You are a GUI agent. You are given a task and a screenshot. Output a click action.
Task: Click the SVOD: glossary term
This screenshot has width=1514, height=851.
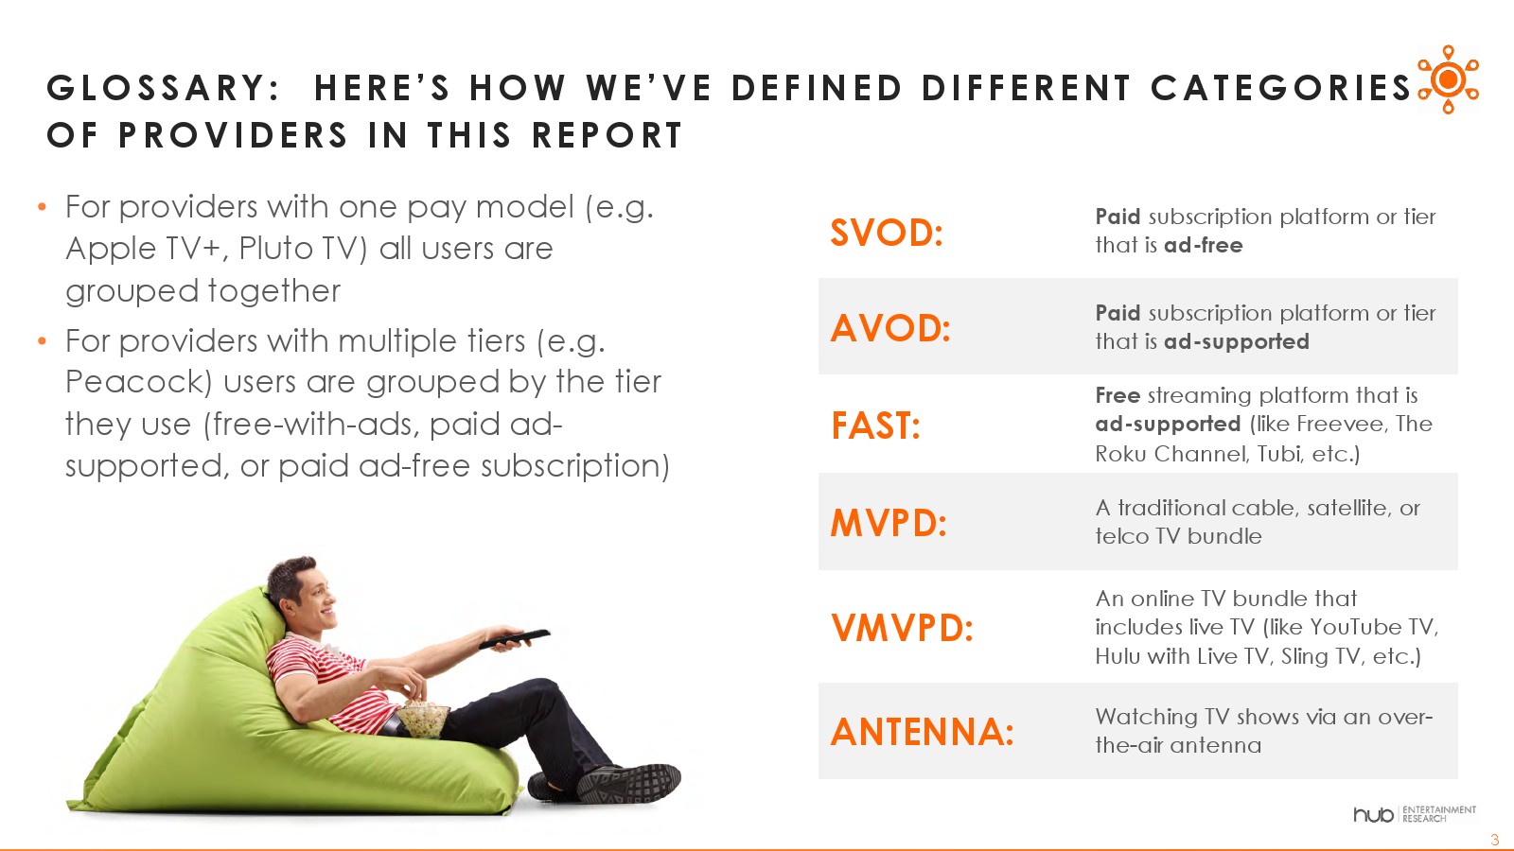[886, 233]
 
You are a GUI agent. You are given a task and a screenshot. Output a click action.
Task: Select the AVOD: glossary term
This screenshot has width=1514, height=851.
[890, 328]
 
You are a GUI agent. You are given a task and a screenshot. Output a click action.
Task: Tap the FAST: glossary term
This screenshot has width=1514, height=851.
[875, 425]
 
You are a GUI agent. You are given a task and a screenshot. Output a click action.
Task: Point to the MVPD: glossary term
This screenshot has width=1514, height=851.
[889, 523]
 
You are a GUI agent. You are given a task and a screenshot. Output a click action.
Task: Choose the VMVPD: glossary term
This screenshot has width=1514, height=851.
[902, 628]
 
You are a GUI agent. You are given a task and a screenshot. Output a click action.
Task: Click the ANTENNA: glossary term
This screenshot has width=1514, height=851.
[922, 732]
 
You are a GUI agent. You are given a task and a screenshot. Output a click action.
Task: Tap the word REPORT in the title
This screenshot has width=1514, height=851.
[607, 135]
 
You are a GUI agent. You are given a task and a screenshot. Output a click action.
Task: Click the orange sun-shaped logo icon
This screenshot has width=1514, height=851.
[1448, 79]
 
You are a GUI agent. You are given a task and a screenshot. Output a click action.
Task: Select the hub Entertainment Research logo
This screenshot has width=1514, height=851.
[1414, 814]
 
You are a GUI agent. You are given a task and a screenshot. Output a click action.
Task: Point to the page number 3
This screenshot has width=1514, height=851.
[1494, 840]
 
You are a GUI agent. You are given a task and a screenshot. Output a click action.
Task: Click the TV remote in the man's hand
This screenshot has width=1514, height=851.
[515, 639]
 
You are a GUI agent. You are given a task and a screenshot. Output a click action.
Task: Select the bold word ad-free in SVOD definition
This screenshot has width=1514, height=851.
[1203, 245]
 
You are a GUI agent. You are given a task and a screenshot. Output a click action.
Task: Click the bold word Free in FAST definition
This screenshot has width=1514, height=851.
[1118, 394]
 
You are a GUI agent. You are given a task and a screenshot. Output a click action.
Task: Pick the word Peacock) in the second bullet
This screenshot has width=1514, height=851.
[138, 382]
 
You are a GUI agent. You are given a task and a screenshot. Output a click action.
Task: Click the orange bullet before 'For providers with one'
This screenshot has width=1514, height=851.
[42, 207]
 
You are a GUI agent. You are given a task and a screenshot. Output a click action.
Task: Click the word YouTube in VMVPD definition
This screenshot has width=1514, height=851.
[1357, 627]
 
